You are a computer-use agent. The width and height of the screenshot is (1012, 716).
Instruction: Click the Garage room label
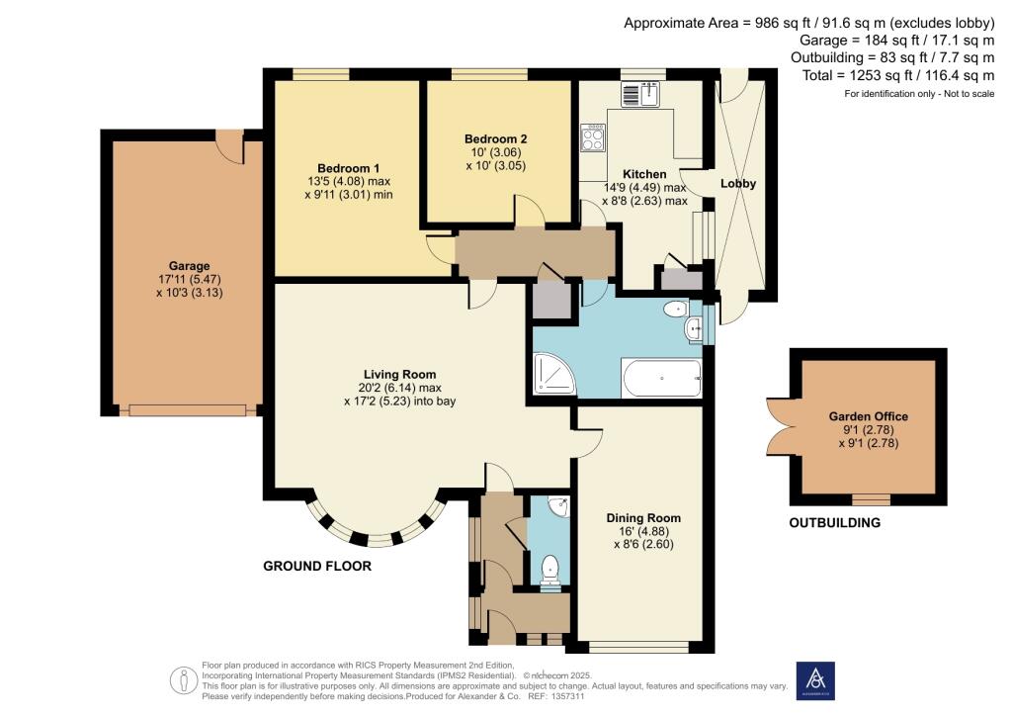point(189,266)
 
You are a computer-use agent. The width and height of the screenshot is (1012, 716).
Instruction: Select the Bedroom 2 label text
point(496,139)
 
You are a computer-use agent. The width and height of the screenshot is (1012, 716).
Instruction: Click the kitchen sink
point(640,96)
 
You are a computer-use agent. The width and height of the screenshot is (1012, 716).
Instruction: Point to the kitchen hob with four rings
point(594,136)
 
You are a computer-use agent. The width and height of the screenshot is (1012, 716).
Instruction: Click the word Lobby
point(737,184)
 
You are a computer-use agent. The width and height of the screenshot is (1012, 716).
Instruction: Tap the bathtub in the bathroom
point(661,378)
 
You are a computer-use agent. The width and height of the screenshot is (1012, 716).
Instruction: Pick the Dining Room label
point(643,517)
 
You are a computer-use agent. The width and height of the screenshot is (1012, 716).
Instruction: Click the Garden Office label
point(868,416)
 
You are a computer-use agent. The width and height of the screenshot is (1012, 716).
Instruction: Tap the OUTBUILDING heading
point(834,523)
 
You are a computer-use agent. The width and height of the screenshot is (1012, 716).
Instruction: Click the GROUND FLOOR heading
point(316,566)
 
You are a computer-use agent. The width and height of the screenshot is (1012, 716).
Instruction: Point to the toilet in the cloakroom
point(551,569)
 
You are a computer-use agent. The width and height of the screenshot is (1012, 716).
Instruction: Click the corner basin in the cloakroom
point(560,507)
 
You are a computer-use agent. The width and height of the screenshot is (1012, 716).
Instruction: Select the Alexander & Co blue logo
point(814,679)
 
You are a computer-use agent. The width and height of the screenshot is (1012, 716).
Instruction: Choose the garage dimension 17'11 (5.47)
point(189,279)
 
